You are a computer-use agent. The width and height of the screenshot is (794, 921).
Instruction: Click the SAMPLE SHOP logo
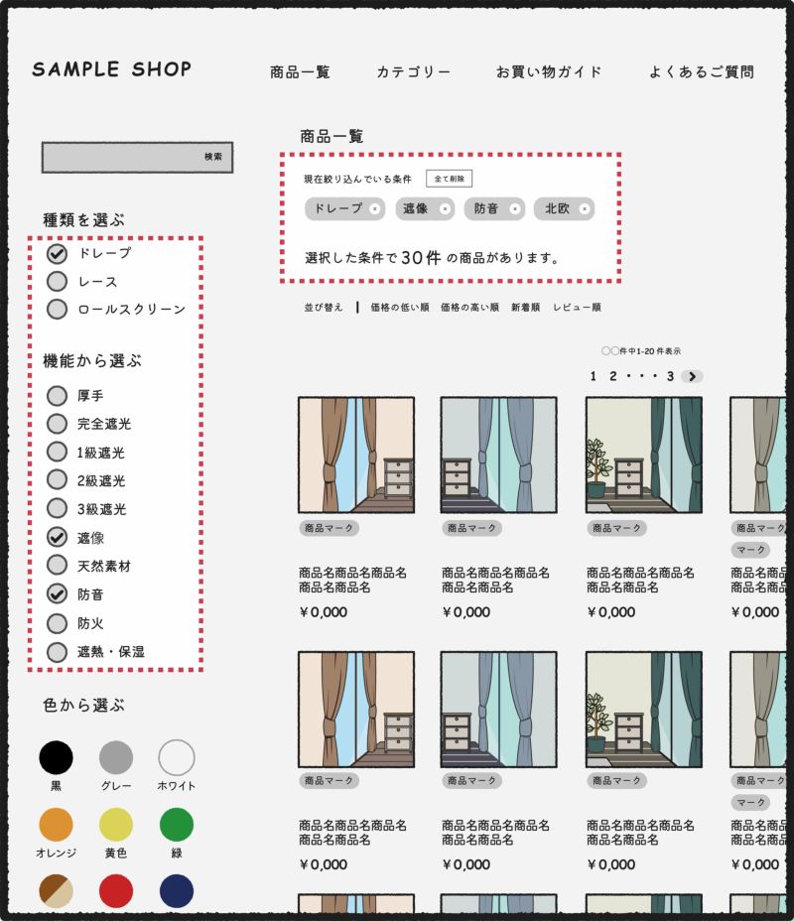point(111,69)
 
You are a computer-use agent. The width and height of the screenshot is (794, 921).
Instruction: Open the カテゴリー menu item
point(413,72)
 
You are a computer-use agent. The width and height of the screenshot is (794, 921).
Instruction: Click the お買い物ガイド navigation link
point(549,72)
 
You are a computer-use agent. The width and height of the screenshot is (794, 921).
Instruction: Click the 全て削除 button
point(449,179)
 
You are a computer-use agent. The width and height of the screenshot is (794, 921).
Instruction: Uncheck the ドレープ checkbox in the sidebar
point(58,254)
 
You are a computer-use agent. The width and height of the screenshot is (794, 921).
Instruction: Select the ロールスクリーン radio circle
point(58,310)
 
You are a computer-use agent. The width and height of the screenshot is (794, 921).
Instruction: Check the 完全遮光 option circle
point(58,424)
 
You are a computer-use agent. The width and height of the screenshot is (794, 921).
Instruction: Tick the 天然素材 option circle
point(58,566)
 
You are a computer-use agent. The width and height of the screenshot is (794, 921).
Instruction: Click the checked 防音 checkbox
point(58,594)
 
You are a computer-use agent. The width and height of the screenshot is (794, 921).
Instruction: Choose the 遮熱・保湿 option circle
point(58,652)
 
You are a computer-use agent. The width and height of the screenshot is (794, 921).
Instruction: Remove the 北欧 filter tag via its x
point(586,208)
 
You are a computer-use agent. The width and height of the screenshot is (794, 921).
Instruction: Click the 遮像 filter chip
point(416,208)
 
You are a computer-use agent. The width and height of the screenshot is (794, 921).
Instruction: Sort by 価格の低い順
point(399,308)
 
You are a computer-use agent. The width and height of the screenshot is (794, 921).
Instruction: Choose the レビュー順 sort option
point(577,308)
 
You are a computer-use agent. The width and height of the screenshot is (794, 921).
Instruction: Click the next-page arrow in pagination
point(693,376)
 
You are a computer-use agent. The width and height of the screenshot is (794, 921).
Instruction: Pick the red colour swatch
point(116,891)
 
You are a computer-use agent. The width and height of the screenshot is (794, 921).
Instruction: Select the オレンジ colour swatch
point(57,825)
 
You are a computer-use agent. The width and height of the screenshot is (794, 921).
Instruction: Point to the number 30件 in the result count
point(421,258)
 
